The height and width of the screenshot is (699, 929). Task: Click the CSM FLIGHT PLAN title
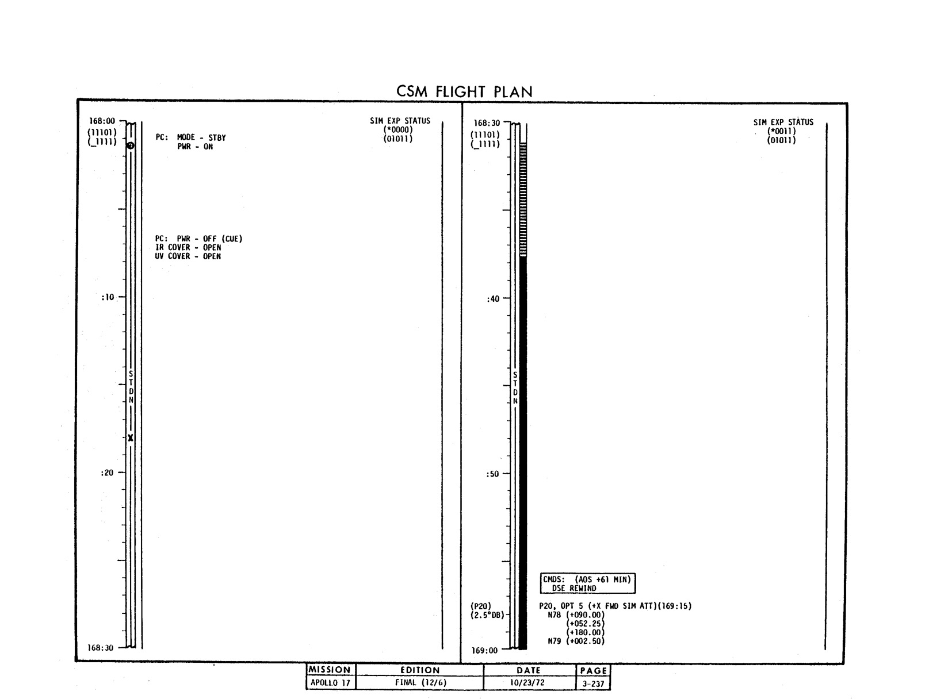click(x=464, y=92)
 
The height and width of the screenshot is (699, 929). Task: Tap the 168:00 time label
click(x=102, y=121)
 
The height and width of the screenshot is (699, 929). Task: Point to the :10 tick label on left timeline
click(x=108, y=297)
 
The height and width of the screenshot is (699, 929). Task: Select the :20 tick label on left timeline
click(x=108, y=473)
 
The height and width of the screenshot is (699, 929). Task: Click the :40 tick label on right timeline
click(x=494, y=299)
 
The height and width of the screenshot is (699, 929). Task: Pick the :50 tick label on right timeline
click(x=493, y=474)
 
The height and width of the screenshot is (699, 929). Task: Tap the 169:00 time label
click(x=484, y=650)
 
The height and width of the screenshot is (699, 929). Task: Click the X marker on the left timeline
click(x=131, y=438)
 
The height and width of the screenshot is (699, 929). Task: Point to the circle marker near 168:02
click(x=131, y=145)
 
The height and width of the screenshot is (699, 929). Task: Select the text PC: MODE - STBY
click(x=190, y=137)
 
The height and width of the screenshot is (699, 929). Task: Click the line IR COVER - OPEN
click(x=188, y=247)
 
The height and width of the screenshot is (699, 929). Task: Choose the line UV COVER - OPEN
click(x=188, y=256)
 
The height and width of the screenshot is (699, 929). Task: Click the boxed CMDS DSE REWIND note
click(x=587, y=583)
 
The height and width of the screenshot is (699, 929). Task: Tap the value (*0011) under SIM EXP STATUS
click(x=781, y=131)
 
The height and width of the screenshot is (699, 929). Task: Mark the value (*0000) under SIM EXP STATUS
click(x=398, y=130)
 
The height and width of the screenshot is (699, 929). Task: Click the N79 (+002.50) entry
click(x=576, y=641)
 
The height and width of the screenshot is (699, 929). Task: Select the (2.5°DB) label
click(x=488, y=615)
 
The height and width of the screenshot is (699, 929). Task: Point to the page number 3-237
click(x=593, y=684)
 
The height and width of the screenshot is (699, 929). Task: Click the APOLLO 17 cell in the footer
click(x=330, y=682)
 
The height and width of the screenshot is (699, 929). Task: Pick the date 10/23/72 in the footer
click(x=527, y=682)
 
